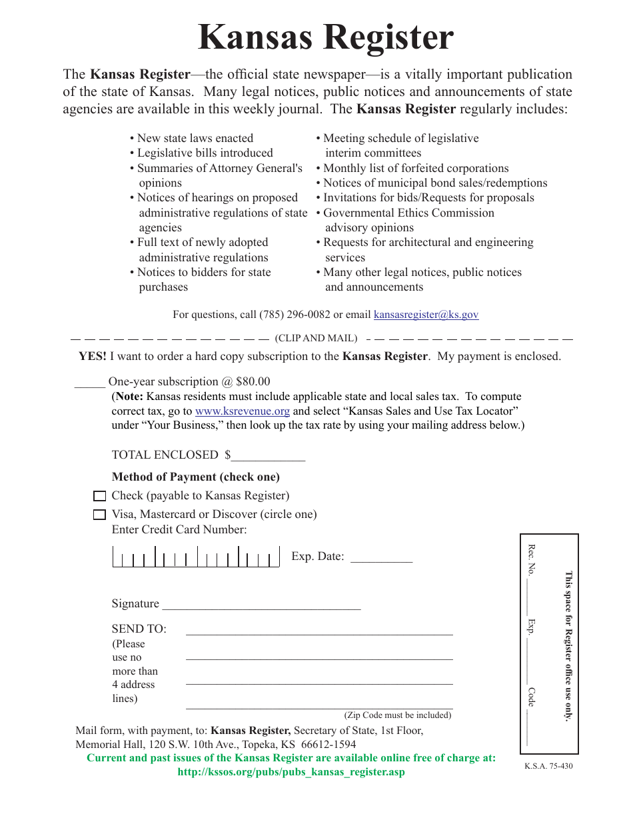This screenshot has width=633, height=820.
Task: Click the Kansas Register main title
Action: pyautogui.click(x=325, y=37)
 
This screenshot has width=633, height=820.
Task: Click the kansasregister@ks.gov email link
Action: pyautogui.click(x=426, y=315)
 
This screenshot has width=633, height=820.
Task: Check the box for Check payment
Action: pyautogui.click(x=99, y=496)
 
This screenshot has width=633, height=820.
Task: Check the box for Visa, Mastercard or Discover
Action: pyautogui.click(x=99, y=515)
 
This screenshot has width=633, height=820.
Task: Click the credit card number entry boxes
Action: pyautogui.click(x=196, y=557)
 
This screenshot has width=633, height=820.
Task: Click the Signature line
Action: pyautogui.click(x=261, y=605)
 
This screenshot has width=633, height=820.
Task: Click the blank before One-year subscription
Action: pyautogui.click(x=89, y=383)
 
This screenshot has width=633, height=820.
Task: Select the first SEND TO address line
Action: pyautogui.click(x=318, y=631)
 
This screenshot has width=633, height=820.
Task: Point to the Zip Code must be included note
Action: pyautogui.click(x=397, y=715)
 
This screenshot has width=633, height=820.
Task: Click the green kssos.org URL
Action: pyautogui.click(x=291, y=772)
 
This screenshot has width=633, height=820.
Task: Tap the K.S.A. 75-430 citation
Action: pyautogui.click(x=548, y=766)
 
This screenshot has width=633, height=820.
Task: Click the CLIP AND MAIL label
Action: pyautogui.click(x=316, y=339)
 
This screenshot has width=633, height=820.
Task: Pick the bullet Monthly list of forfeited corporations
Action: pyautogui.click(x=416, y=169)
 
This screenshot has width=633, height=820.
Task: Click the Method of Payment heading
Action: pyautogui.click(x=195, y=477)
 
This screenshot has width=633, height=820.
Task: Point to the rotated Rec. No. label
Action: pyautogui.click(x=531, y=559)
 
